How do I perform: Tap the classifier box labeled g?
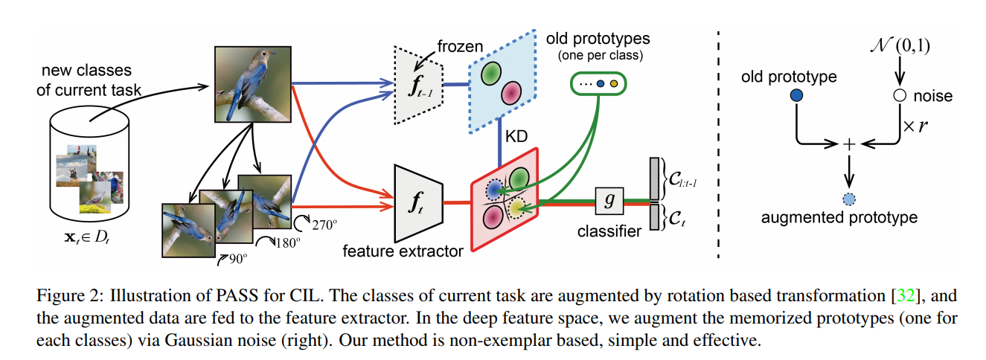(609, 201)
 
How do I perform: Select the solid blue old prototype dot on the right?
(797, 95)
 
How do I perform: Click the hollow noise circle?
(900, 95)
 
